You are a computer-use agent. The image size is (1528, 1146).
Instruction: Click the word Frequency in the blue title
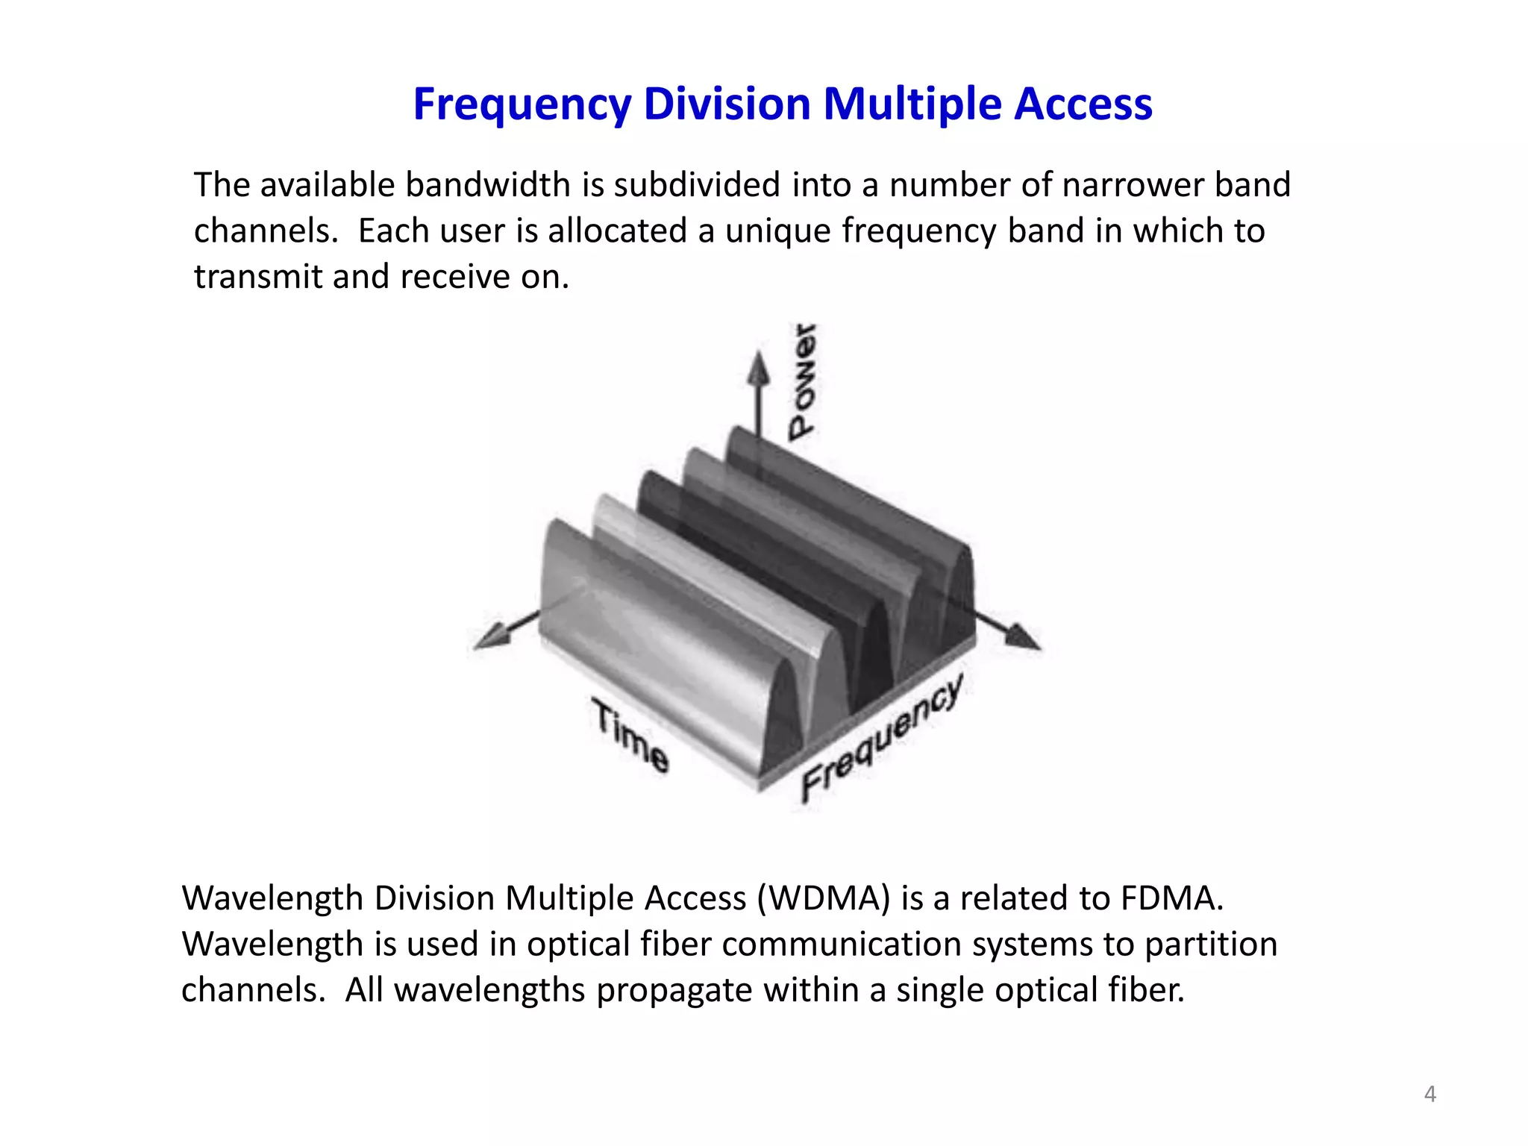(x=522, y=104)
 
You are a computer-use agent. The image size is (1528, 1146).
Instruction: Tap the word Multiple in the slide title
(x=910, y=104)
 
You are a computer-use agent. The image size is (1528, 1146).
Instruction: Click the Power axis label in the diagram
(x=803, y=382)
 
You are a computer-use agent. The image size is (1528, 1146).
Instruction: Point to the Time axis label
(x=630, y=735)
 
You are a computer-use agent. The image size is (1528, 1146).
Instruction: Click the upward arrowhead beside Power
(x=759, y=369)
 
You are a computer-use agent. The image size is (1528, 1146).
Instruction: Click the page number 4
(x=1430, y=1094)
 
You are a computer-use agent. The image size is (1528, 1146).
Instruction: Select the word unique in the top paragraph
(x=777, y=231)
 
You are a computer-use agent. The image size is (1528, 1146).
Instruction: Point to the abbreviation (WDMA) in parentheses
(x=824, y=898)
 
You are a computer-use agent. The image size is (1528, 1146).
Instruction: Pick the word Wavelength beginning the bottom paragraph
(x=272, y=898)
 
